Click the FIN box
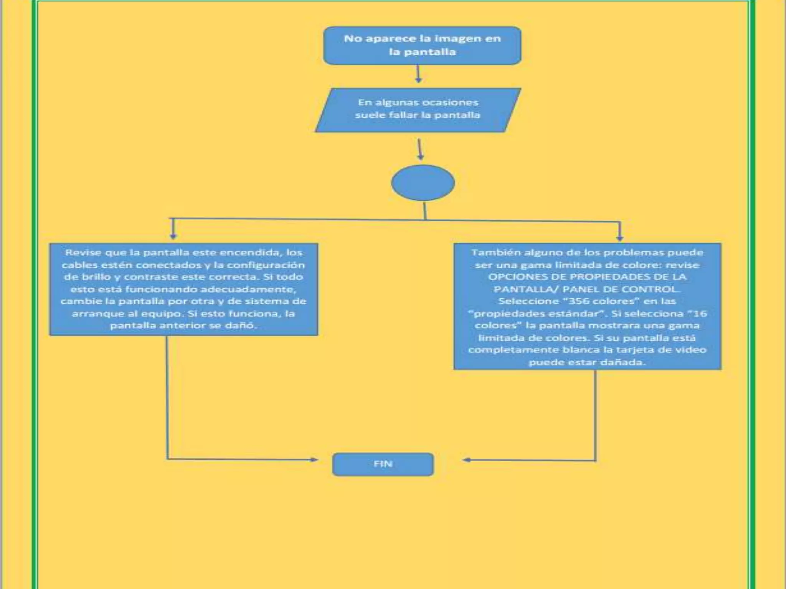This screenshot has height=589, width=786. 383,464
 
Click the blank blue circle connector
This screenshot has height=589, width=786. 423,183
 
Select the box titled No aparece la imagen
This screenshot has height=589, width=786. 422,45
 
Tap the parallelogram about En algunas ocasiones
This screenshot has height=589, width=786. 418,110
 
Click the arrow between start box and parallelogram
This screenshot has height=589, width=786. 418,74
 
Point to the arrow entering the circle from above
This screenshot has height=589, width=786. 420,150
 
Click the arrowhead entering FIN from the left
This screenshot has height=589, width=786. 314,459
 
